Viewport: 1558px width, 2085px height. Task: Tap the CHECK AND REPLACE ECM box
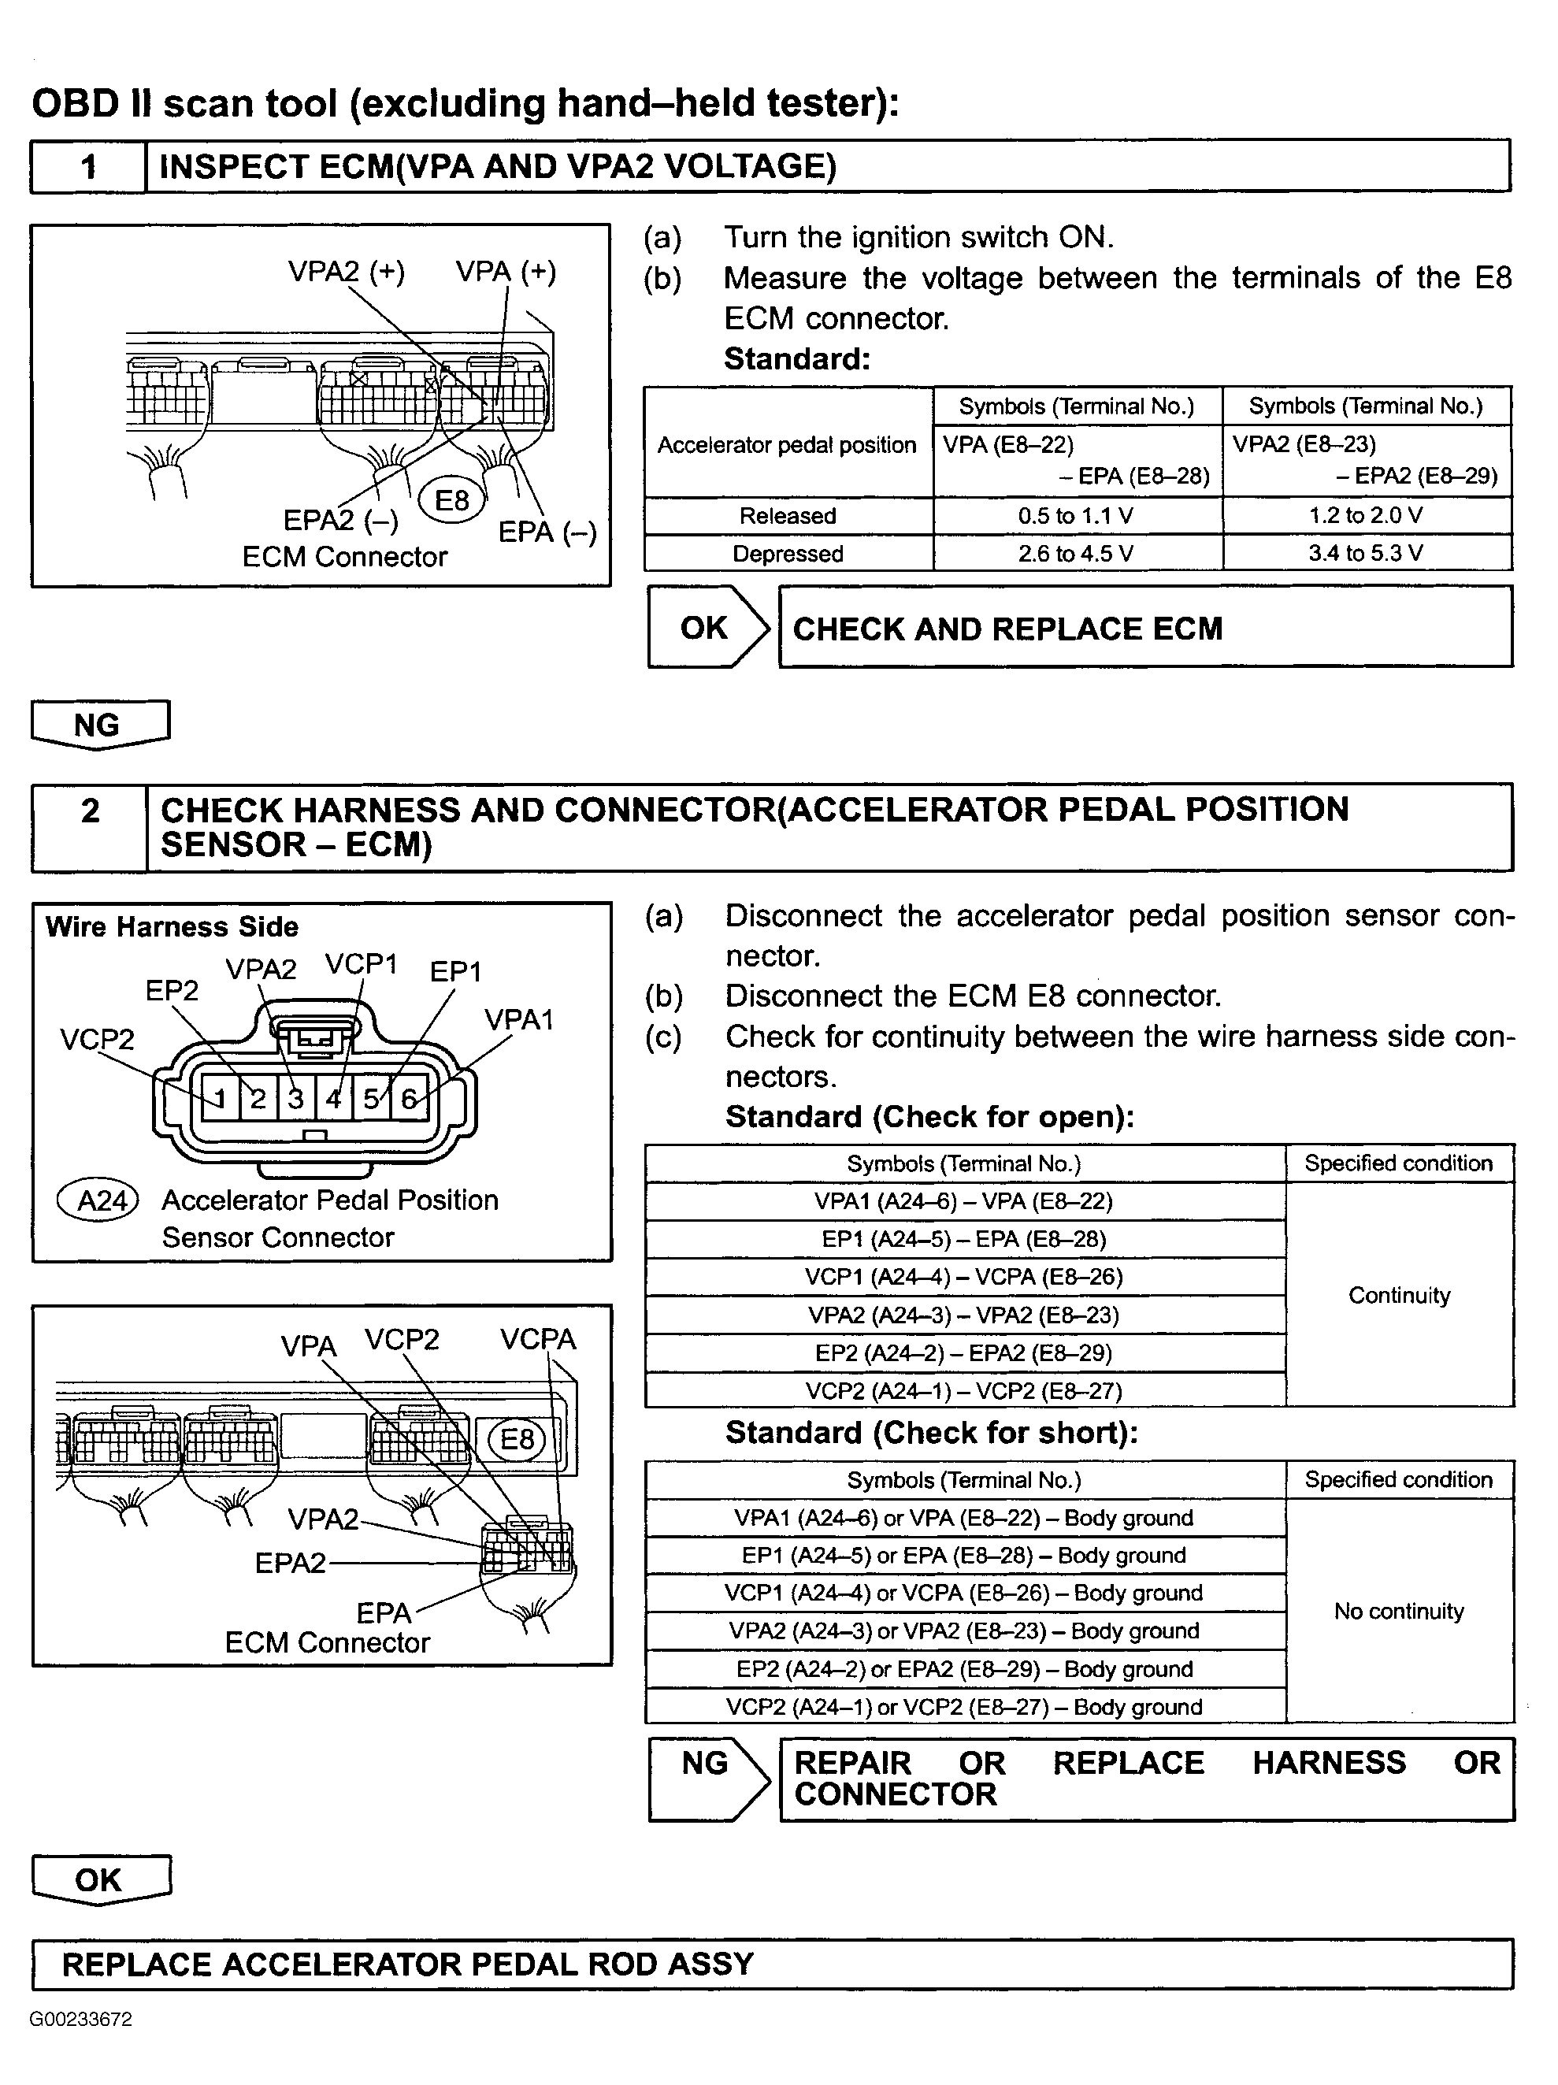(x=1144, y=628)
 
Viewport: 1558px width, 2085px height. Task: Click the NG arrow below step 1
(x=99, y=725)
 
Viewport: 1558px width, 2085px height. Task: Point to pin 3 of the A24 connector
(x=296, y=1098)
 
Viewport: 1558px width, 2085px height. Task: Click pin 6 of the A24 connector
(x=409, y=1098)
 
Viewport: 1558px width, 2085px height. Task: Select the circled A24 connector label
(x=100, y=1200)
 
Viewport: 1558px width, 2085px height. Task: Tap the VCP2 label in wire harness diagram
(x=97, y=1039)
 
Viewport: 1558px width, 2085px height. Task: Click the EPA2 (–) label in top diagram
(x=340, y=521)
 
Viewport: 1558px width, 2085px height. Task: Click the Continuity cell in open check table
(x=1399, y=1295)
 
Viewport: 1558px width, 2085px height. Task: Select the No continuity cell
(x=1399, y=1611)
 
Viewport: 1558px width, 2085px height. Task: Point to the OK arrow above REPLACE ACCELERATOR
(x=99, y=1879)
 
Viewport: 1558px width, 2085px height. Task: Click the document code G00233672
(x=81, y=2019)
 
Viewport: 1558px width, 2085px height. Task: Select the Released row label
(x=787, y=516)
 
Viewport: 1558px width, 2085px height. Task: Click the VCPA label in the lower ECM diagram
(x=537, y=1339)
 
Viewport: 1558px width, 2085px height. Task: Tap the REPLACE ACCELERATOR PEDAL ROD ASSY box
(x=771, y=1964)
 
